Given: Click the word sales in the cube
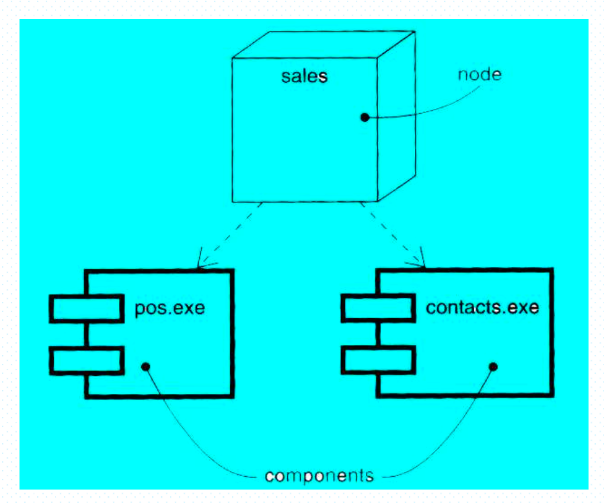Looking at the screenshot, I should click(304, 76).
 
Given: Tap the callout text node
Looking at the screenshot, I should click(479, 75).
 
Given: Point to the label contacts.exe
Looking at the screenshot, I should click(482, 309).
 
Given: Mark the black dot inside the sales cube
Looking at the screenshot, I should click(365, 117).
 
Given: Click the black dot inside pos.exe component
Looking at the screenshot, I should click(145, 366).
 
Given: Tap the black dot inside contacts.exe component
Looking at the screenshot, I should click(493, 366).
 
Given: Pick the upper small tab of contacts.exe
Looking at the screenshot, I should click(377, 309).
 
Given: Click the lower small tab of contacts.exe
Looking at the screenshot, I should click(377, 360).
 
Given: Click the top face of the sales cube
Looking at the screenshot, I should click(323, 44).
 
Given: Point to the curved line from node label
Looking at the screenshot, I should click(424, 108).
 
